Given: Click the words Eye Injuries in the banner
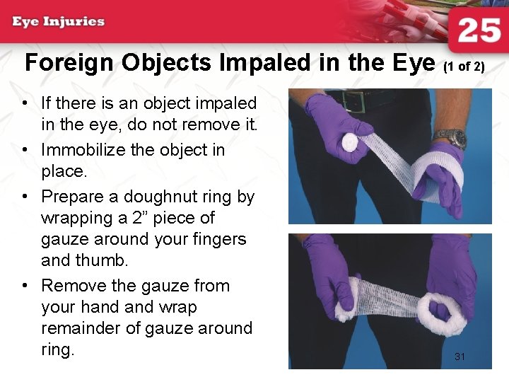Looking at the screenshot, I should [59, 21].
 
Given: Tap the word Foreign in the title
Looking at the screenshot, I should [69, 64].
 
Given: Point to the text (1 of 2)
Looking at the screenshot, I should [464, 67].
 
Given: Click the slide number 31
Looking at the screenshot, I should [460, 357].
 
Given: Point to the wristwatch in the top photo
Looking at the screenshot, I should [450, 137].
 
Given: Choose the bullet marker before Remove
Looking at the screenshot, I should [25, 286].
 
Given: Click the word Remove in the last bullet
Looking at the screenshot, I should [76, 286].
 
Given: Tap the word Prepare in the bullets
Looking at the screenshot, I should [77, 197].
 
